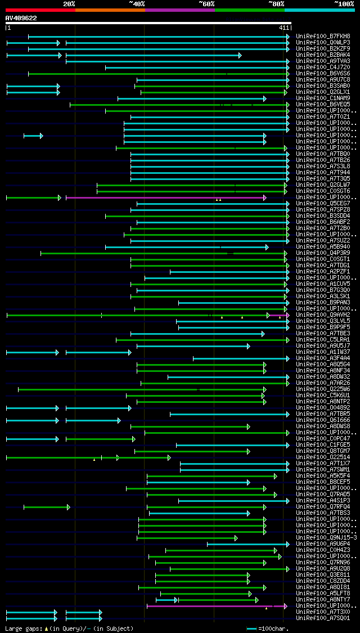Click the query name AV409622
21,18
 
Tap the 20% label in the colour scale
69,4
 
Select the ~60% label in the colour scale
206,4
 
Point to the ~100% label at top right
344,4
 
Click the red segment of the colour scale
40,10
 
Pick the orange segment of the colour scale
110,10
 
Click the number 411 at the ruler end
283,28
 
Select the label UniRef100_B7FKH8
323,37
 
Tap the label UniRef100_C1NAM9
323,98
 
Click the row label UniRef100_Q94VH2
323,315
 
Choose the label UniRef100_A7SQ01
323,618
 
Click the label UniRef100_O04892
323,408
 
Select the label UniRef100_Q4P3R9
323,253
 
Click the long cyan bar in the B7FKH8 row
157,37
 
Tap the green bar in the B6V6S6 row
157,74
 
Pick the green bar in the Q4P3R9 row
163,253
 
